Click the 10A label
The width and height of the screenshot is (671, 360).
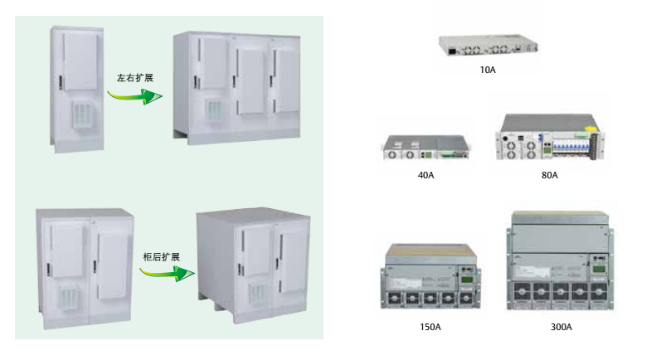point(488,70)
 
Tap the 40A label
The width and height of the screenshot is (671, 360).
point(425,175)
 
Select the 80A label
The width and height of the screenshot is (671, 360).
point(550,175)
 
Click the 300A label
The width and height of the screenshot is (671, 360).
point(561,327)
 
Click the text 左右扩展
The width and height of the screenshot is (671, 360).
point(134,77)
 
